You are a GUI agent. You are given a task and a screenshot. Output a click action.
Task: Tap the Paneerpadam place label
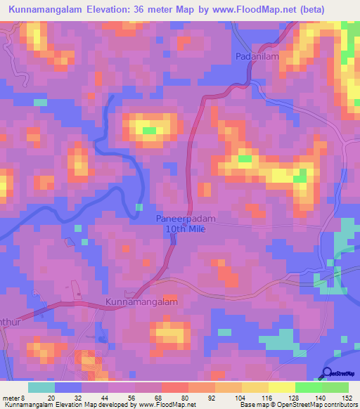pyautogui.click(x=182, y=219)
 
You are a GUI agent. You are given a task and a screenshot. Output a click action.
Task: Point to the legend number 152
pyautogui.click(x=347, y=398)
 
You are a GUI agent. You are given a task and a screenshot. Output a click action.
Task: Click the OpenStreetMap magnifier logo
pyautogui.click(x=328, y=373)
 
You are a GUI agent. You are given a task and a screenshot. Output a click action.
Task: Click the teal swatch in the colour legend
pyautogui.click(x=41, y=387)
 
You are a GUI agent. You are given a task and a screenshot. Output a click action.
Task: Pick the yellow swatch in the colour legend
pyautogui.click(x=281, y=387)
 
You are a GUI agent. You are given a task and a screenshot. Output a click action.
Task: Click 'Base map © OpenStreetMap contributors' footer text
pyautogui.click(x=297, y=405)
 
